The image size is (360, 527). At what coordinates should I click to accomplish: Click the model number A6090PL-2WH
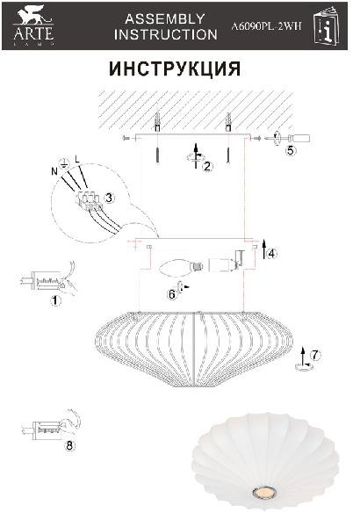(266, 26)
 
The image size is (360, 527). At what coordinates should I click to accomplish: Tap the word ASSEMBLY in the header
(165, 18)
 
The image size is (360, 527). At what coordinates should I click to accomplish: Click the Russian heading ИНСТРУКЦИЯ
(175, 69)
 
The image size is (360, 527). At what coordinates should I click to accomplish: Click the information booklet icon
(326, 25)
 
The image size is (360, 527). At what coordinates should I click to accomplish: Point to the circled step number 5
(291, 150)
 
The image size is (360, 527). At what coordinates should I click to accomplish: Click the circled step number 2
(207, 166)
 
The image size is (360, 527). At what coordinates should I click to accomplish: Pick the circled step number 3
(109, 198)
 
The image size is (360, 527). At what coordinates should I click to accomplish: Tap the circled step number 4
(271, 254)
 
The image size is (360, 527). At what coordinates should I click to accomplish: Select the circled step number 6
(172, 295)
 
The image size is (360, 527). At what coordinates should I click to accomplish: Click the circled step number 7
(314, 355)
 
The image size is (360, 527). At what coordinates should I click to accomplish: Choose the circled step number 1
(55, 300)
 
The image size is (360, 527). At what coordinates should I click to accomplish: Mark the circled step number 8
(69, 445)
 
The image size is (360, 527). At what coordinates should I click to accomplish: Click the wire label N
(54, 171)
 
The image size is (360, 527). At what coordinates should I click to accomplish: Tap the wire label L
(77, 159)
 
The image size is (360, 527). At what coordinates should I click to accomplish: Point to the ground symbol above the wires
(64, 163)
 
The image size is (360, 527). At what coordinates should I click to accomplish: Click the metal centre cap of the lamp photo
(264, 493)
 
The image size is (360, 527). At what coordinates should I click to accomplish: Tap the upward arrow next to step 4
(264, 249)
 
